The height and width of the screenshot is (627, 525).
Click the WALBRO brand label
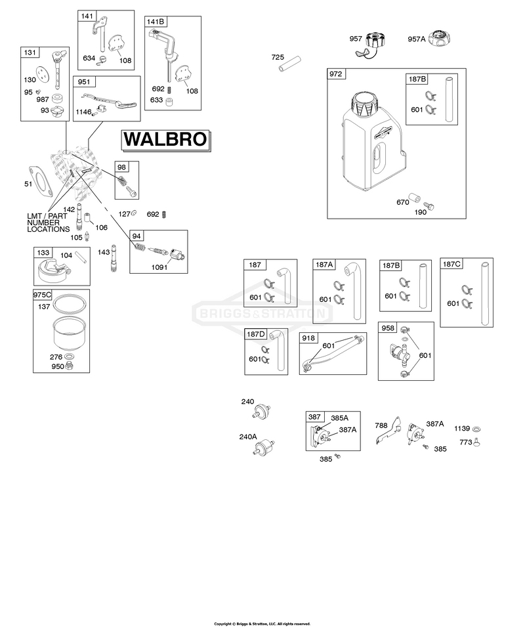point(166,140)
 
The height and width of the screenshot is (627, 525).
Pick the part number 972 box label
point(335,74)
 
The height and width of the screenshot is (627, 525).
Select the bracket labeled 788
point(389,430)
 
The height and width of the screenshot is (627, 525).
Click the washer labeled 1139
point(476,429)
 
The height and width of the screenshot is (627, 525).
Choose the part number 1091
point(159,267)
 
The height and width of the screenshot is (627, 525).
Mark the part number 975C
point(42,295)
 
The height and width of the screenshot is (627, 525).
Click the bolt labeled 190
point(429,206)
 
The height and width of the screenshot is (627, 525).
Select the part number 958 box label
point(388,328)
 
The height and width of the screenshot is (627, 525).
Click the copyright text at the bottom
point(262,624)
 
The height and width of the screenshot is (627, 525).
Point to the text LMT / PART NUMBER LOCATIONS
point(49,223)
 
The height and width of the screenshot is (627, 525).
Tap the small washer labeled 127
point(135,213)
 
